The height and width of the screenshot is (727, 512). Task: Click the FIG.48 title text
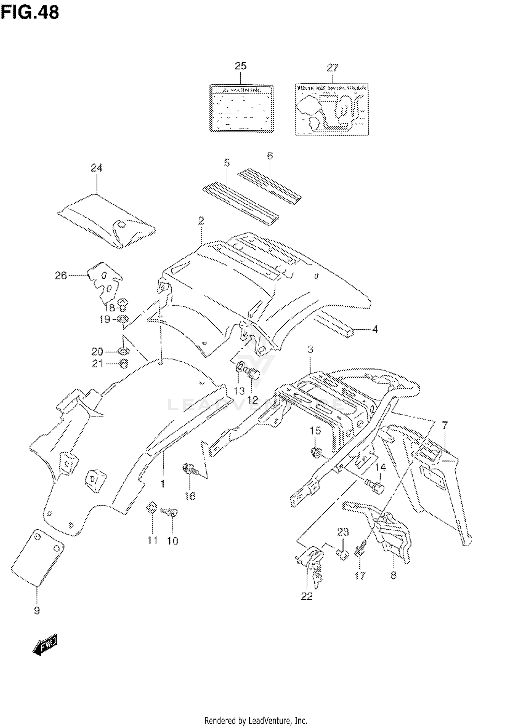tap(30, 13)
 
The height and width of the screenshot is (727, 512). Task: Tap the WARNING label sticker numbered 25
tap(242, 108)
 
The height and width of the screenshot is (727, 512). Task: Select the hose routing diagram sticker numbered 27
tap(332, 109)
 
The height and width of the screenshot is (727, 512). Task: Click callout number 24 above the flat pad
tap(96, 168)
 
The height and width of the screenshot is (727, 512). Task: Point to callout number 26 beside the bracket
tap(61, 275)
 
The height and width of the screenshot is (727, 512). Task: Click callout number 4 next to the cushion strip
tap(375, 330)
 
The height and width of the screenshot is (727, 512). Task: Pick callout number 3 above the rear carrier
tap(310, 350)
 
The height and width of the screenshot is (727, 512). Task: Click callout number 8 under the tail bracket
tap(393, 575)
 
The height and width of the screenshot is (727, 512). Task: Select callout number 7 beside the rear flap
tap(444, 425)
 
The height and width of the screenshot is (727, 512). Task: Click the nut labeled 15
tap(316, 453)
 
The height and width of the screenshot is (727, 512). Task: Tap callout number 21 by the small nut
tap(97, 364)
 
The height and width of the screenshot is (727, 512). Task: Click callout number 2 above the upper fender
tap(201, 221)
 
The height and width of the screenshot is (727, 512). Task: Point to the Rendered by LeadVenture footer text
tap(256, 721)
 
